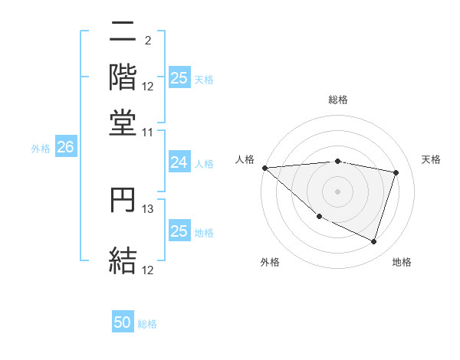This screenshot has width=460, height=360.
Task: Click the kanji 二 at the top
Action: pos(123,34)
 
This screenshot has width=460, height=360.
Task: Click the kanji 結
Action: pos(123,260)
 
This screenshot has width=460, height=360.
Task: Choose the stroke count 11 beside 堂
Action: pos(148,133)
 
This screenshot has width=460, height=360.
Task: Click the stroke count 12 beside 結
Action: pos(148,270)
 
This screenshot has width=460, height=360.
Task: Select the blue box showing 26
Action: pos(65,149)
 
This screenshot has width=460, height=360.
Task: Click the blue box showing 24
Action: pos(179,162)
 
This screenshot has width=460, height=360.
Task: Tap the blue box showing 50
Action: pos(123,322)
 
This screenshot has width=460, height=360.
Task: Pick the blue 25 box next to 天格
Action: pos(179,78)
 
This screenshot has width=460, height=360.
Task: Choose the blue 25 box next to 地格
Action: pos(179,231)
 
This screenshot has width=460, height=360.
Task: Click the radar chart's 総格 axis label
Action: pos(338,100)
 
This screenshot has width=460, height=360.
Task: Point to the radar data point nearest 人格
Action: pos(264,168)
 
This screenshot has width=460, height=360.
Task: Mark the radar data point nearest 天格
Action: pos(396,172)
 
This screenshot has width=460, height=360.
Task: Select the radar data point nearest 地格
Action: pos(373,242)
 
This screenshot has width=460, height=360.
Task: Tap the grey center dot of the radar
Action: pos(338,191)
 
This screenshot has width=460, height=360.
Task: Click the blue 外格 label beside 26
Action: pos(41,149)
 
